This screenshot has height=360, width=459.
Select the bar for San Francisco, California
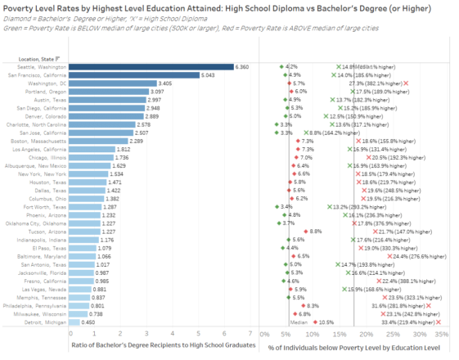pyautogui.click(x=135, y=74)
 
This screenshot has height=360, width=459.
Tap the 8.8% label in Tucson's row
pyautogui.click(x=315, y=232)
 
